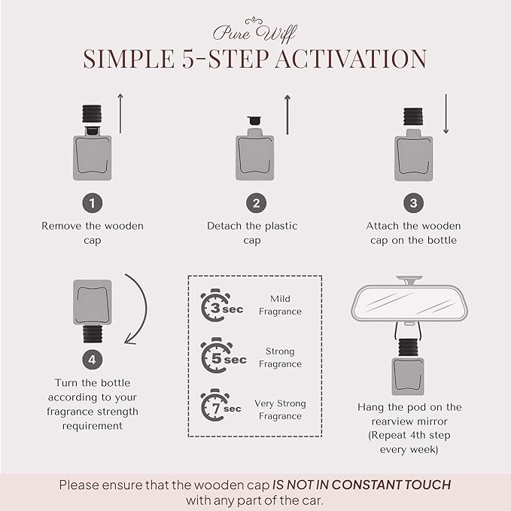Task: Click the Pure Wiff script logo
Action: [254, 31]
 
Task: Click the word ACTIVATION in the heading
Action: [351, 59]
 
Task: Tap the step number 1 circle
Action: [93, 203]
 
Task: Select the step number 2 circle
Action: [256, 203]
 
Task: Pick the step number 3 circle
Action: [414, 203]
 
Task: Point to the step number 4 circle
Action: [93, 360]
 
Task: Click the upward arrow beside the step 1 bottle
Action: [120, 114]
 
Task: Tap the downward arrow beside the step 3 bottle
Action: [446, 114]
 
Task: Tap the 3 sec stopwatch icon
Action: [215, 306]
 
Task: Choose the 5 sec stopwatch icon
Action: [217, 355]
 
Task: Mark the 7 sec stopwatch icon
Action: [215, 405]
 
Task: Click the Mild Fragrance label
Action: [280, 305]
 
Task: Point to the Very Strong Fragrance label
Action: [280, 409]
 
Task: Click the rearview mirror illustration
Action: [409, 300]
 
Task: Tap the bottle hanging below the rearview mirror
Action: [408, 367]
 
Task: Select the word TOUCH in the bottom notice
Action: [427, 485]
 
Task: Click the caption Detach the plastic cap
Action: [252, 233]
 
